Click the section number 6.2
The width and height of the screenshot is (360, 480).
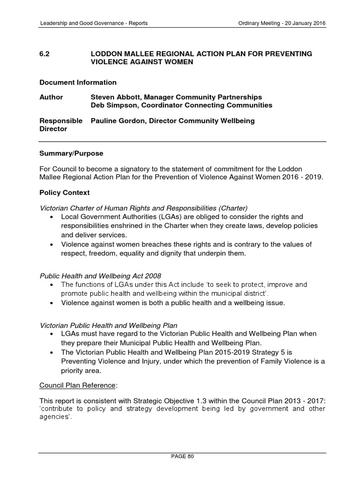(x=45, y=54)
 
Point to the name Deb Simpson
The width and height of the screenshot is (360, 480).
(x=110, y=105)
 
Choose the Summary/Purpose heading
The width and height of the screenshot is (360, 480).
(x=71, y=153)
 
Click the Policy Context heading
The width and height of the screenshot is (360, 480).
(x=64, y=193)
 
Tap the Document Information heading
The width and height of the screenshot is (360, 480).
(x=78, y=82)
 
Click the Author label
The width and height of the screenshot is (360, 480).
(x=51, y=97)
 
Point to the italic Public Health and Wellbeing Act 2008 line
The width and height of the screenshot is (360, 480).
(x=100, y=275)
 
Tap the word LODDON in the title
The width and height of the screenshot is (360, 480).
(x=107, y=54)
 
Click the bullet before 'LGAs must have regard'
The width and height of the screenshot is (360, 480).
(x=51, y=334)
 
